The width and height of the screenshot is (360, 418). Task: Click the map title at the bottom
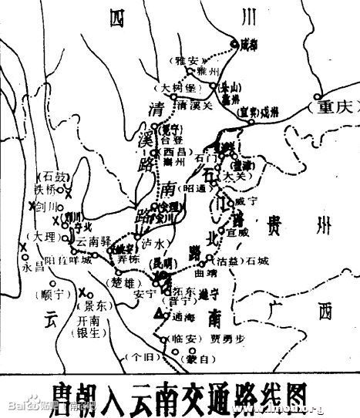(x=180, y=392)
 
